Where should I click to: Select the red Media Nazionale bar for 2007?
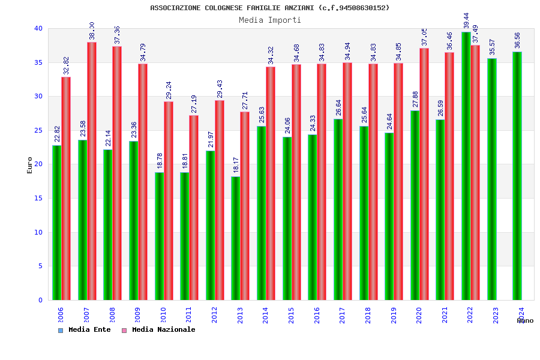92,171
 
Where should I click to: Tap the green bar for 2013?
236,238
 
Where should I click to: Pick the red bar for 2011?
194,208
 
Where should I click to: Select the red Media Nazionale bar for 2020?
424,174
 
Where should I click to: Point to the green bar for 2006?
56,223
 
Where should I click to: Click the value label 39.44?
467,20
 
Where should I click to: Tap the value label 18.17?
236,166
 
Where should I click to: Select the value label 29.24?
169,91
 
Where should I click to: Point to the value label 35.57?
492,47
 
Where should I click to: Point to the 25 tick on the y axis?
38,130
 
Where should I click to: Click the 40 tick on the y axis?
38,28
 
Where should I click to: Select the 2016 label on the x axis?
317,316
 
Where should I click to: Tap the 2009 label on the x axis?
137,316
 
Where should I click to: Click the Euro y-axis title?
30,165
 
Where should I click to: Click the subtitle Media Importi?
270,20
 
